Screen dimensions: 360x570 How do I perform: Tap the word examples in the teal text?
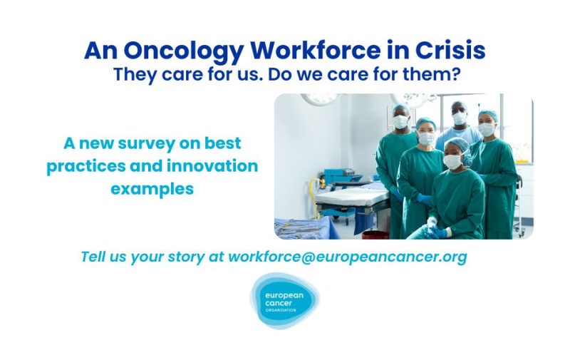[x=152, y=189]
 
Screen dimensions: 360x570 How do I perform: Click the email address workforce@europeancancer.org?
[x=347, y=257]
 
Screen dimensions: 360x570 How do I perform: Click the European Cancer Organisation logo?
[x=284, y=301]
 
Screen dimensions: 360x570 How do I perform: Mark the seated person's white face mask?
[x=452, y=162]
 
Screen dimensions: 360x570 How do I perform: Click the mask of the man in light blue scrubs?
[x=460, y=118]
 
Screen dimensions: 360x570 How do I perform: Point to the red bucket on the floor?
[x=375, y=234]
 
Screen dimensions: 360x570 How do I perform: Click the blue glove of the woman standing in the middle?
[x=423, y=200]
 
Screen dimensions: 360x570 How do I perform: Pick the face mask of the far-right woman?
[x=487, y=130]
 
